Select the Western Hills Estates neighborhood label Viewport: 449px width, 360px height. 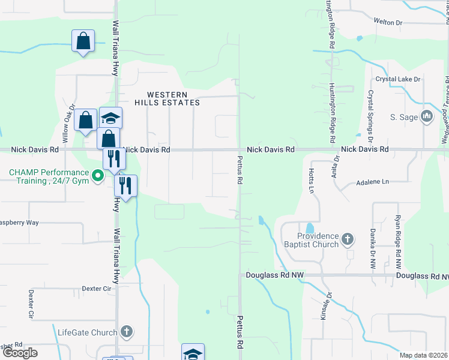tap(166, 99)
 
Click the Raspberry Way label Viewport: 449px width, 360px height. tap(19, 223)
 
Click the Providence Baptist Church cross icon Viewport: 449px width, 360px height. tap(348, 241)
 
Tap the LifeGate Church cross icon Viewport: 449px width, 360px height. tap(125, 332)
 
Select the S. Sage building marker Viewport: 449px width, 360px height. tap(427, 116)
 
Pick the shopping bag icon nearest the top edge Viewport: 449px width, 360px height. tap(83, 42)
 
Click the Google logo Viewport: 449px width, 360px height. tap(20, 353)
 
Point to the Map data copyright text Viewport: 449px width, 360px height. tap(423, 355)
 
